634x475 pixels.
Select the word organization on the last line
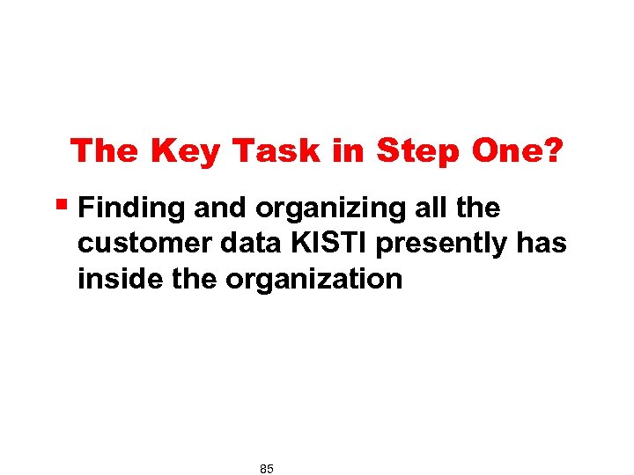314,281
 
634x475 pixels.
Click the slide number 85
268,468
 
